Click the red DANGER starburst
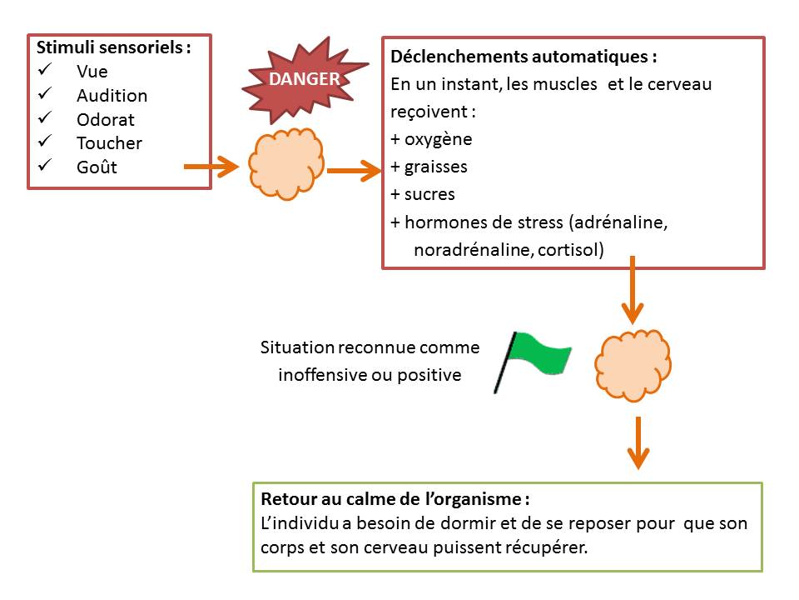point(303,80)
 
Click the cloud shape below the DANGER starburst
point(285,164)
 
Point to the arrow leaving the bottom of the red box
point(633,292)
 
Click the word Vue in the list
point(92,72)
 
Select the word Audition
point(112,95)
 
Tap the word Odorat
point(105,119)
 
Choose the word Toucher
point(109,143)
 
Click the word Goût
point(97,167)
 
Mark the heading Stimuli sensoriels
point(113,47)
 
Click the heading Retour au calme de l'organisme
point(395,501)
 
